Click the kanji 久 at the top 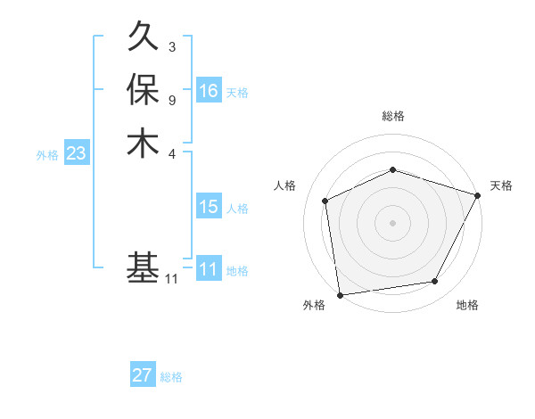tap(144, 38)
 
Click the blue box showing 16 tap(209, 91)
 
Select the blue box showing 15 tap(209, 207)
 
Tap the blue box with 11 tap(209, 269)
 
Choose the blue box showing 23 tap(77, 153)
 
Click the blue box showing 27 tap(143, 375)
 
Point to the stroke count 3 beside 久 tap(172, 46)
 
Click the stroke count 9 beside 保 tap(172, 99)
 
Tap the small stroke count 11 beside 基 tap(171, 279)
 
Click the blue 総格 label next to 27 tap(171, 377)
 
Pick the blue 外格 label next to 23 tap(47, 155)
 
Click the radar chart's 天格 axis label tap(502, 185)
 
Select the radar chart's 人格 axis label tap(285, 185)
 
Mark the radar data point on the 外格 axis tap(340, 294)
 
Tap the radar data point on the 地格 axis tap(435, 282)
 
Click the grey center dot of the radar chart tap(392, 222)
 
